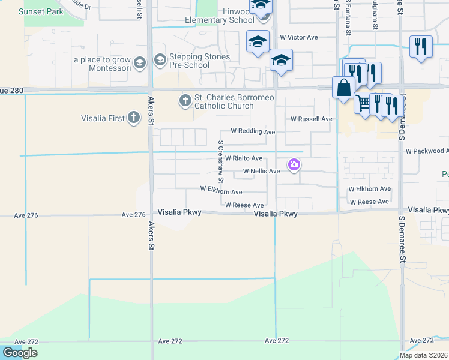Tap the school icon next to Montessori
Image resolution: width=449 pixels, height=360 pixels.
(139, 62)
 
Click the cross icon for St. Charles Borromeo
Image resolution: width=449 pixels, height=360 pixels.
(185, 99)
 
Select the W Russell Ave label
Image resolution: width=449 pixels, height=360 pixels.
(311, 119)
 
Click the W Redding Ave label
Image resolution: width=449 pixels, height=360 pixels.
(253, 131)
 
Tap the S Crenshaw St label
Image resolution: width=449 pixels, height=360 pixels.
(221, 161)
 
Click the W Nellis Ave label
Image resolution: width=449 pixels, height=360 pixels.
(261, 171)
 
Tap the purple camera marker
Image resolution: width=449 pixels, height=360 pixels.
(294, 164)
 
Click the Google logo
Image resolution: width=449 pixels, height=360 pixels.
(20, 352)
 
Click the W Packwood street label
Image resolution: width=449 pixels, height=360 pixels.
(427, 151)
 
